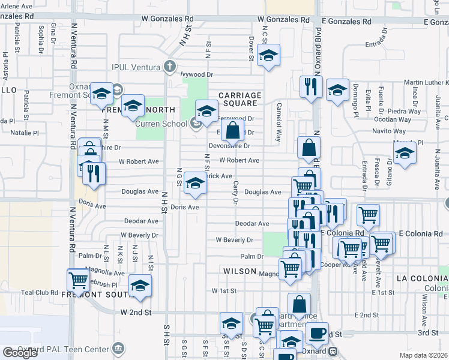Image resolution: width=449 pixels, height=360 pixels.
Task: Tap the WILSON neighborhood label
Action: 240,271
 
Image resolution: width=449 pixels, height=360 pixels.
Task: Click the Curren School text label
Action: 161,124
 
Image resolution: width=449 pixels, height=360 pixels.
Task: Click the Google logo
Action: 20,353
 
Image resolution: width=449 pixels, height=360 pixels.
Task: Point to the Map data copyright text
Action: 424,355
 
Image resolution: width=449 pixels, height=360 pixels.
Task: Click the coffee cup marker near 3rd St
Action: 317,332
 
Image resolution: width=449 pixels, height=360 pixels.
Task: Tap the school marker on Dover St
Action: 269,56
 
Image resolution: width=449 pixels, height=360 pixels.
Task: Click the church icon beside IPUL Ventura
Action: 170,65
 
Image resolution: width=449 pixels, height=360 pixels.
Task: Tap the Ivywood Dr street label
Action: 197,74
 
